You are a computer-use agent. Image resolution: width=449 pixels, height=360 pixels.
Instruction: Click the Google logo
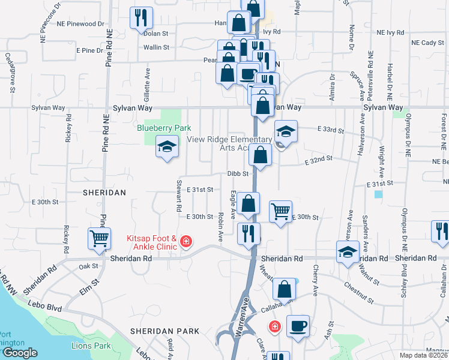click(20, 353)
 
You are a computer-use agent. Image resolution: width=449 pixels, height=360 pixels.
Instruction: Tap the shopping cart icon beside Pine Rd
click(99, 238)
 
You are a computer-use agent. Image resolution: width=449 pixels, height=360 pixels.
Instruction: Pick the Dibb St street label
click(238, 174)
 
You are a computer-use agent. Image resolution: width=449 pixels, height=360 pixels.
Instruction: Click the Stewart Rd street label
click(179, 196)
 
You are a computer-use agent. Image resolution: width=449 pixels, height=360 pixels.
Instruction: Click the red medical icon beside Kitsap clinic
click(186, 242)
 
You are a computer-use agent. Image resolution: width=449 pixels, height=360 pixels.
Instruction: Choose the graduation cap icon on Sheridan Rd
click(348, 251)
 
